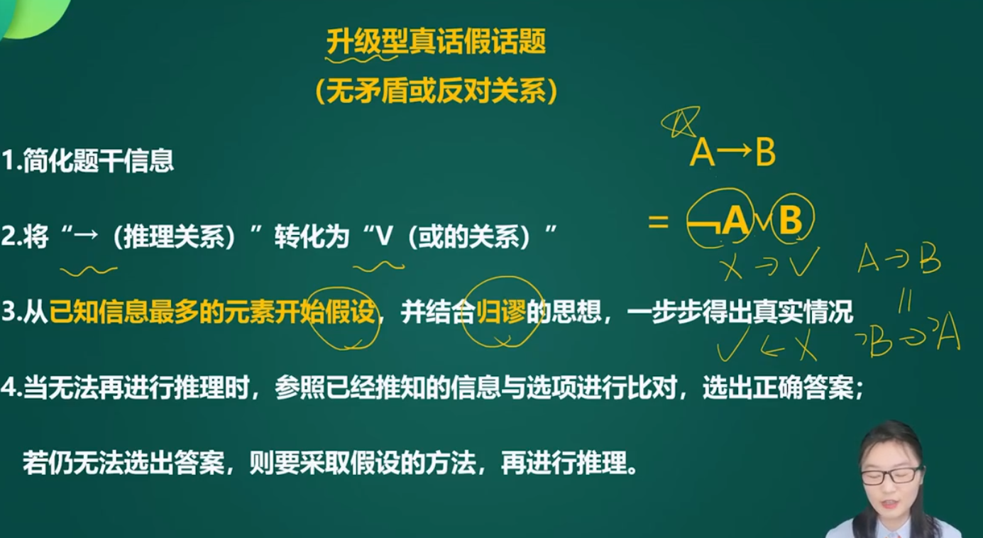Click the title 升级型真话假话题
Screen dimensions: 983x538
tap(436, 41)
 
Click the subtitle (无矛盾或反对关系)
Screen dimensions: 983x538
tap(436, 91)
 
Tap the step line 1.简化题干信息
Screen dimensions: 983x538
tap(88, 160)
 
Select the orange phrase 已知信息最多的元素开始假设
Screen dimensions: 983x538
tap(212, 312)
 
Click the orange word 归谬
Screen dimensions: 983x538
tap(500, 312)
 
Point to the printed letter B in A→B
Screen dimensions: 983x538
tap(765, 153)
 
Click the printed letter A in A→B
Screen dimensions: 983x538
tap(702, 153)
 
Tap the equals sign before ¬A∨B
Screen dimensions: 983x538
tap(658, 221)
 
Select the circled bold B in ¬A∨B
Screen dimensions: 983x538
tap(791, 219)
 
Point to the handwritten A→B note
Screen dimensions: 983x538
tap(899, 258)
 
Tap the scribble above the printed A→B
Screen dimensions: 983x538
tap(679, 121)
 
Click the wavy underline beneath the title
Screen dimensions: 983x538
tap(361, 58)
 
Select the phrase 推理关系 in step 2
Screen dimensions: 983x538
tap(174, 237)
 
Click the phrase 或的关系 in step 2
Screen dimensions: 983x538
tap(469, 237)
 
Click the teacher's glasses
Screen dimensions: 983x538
tap(891, 476)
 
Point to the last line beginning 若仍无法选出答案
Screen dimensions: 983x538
tap(330, 463)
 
